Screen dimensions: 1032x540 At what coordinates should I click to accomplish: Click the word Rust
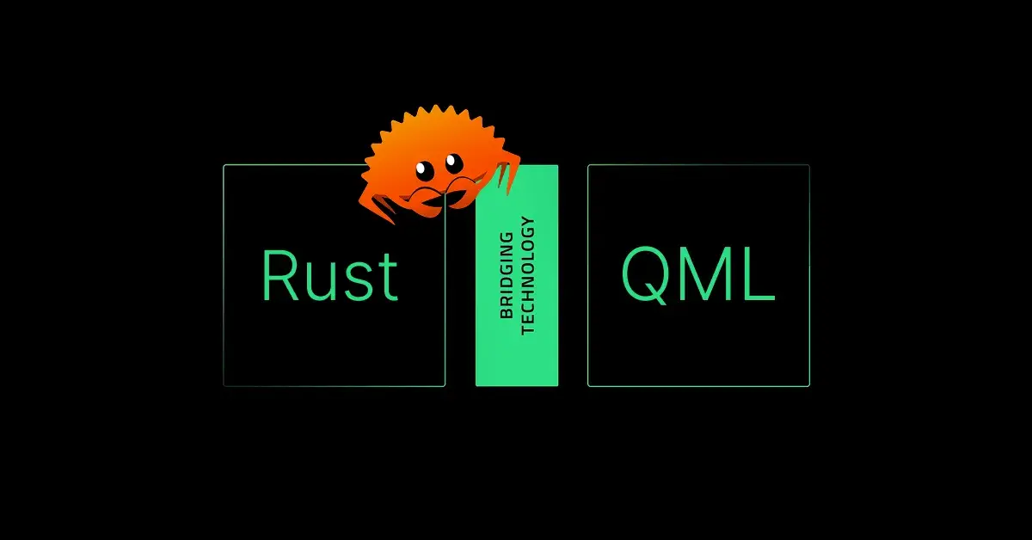tap(330, 275)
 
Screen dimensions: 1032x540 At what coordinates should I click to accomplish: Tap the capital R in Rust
tap(280, 275)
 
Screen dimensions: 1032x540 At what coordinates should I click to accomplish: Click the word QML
tap(698, 275)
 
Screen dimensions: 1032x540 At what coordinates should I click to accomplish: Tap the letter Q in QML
tap(644, 275)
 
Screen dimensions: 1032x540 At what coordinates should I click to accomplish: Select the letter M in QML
tap(703, 274)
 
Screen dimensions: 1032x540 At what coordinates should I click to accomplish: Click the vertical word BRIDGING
tap(507, 275)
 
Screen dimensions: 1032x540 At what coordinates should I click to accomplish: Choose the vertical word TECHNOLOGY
tap(527, 275)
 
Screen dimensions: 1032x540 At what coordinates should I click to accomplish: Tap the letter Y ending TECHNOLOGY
tap(527, 222)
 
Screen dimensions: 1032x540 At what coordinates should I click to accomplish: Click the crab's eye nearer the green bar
tap(454, 162)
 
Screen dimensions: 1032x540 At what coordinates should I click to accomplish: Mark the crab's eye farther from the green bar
tap(424, 170)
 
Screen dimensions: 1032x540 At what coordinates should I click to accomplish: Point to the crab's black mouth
tap(441, 197)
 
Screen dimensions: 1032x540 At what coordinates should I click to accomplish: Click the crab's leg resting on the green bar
tap(507, 170)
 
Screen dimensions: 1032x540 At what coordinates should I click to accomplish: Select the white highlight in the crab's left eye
tap(421, 168)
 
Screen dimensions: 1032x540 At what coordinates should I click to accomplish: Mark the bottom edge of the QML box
tap(698, 386)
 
